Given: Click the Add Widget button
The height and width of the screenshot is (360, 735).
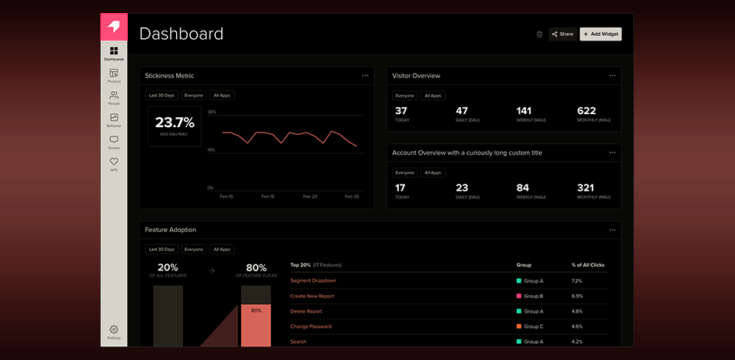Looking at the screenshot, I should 601,34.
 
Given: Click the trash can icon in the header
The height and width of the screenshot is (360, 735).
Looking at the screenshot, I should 539,34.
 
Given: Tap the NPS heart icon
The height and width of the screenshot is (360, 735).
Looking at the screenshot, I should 114,162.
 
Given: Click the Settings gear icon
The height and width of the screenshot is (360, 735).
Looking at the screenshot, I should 114,329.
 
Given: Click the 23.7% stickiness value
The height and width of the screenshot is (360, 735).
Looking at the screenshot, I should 175,122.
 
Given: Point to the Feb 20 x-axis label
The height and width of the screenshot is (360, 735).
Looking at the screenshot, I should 309,196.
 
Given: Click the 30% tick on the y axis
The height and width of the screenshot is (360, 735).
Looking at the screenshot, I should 211,112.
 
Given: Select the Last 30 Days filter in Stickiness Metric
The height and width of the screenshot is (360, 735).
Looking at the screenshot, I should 162,96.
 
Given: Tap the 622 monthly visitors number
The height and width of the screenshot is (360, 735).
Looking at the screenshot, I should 586,111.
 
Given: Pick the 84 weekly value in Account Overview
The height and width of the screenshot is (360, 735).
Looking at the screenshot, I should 523,188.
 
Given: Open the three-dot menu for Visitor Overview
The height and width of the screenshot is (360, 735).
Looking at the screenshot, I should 612,76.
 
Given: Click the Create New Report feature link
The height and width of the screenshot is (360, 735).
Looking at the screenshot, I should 312,296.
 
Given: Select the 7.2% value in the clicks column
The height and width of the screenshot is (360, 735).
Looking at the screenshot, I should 577,280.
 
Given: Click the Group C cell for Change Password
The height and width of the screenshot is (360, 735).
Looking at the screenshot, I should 533,326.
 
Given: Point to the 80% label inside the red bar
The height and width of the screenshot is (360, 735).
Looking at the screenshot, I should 256,310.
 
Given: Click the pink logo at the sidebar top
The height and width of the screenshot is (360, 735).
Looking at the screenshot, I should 114,27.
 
